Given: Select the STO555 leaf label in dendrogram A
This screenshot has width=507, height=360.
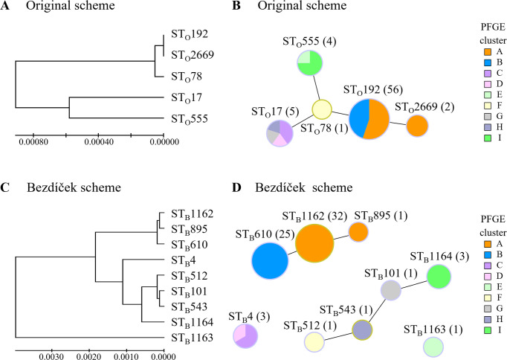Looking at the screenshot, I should point(185,118).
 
